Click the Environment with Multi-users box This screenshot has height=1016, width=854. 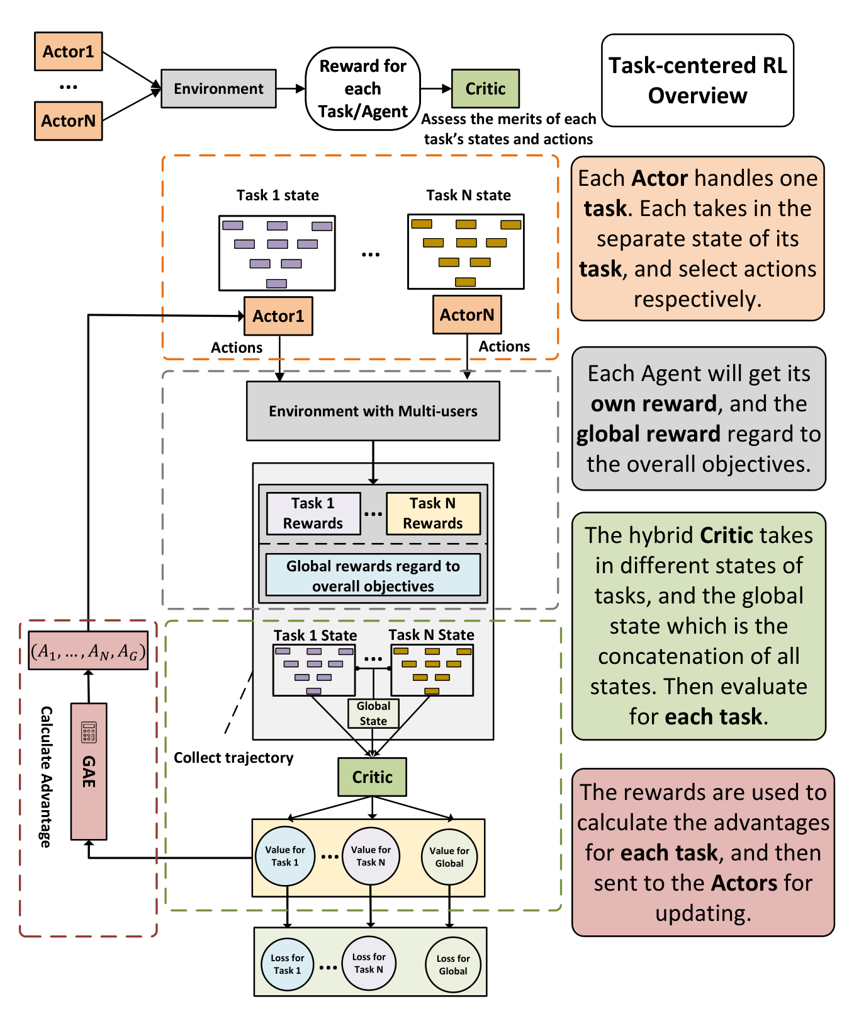(x=373, y=411)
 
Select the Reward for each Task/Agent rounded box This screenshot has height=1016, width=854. (x=362, y=89)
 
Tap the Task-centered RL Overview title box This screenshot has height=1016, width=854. (x=697, y=81)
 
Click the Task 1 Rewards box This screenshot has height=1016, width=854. (x=313, y=513)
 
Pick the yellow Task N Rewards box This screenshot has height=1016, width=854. (x=433, y=513)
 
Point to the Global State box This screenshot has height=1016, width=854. (x=373, y=714)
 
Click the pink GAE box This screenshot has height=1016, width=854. (x=89, y=772)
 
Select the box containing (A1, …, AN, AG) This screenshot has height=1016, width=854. (x=88, y=651)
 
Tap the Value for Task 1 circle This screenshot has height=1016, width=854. (x=285, y=857)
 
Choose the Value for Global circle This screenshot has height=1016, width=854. (x=449, y=857)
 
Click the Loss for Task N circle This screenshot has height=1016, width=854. (x=369, y=964)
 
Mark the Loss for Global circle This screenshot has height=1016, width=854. (x=453, y=965)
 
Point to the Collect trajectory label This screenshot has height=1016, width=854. (x=233, y=758)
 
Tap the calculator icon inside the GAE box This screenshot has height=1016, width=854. (x=89, y=732)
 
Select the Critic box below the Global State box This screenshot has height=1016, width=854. (x=373, y=777)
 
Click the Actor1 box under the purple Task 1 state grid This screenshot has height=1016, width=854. (x=278, y=316)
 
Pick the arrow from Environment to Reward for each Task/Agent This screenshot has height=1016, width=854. (x=291, y=89)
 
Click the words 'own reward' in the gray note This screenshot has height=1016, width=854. (x=654, y=404)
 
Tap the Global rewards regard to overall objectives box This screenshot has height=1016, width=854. (x=373, y=575)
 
